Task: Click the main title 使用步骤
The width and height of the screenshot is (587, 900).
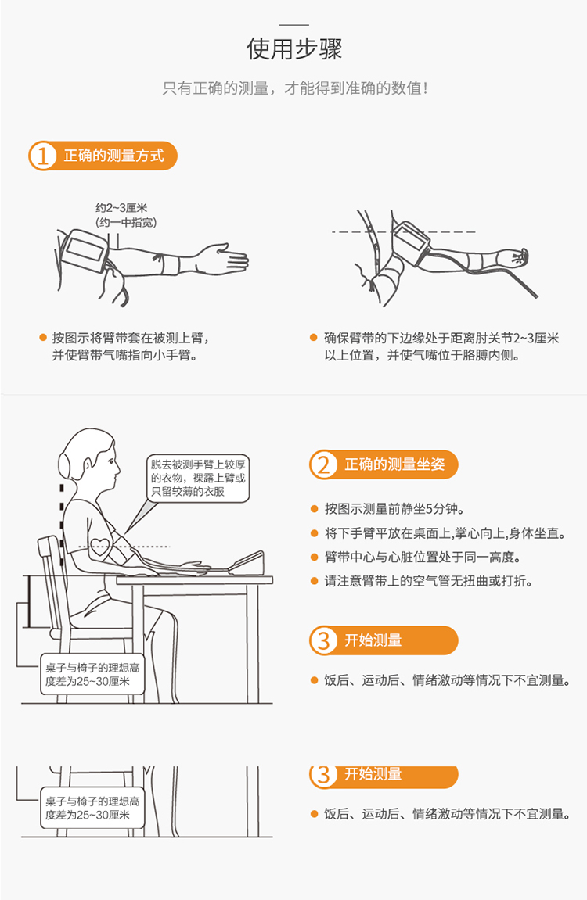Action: click(294, 48)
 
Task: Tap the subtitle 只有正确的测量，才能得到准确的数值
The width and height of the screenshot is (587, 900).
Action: click(294, 88)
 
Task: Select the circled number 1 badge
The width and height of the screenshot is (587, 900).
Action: click(42, 156)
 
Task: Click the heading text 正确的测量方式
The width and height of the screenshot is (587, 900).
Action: click(113, 156)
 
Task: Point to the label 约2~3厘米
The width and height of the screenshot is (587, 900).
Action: click(121, 208)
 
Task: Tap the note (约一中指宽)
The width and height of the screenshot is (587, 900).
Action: click(126, 222)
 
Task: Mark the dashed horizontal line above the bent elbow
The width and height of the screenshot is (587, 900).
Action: click(403, 232)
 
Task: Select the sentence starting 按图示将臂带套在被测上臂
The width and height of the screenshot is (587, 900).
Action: click(131, 338)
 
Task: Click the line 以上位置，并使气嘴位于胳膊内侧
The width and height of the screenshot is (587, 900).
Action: click(422, 355)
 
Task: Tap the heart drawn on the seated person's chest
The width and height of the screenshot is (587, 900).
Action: click(99, 547)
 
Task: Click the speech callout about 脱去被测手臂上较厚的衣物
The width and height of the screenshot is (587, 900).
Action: click(198, 479)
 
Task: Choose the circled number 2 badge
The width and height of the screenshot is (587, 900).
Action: click(323, 465)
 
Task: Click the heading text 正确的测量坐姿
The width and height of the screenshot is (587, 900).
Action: click(394, 464)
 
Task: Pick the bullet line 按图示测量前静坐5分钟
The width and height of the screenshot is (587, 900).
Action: click(394, 508)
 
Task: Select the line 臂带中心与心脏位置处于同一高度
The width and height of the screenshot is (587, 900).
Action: click(423, 558)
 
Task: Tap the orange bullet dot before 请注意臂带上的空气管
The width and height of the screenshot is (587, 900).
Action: click(314, 582)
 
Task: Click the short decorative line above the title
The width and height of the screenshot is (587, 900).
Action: click(294, 25)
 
